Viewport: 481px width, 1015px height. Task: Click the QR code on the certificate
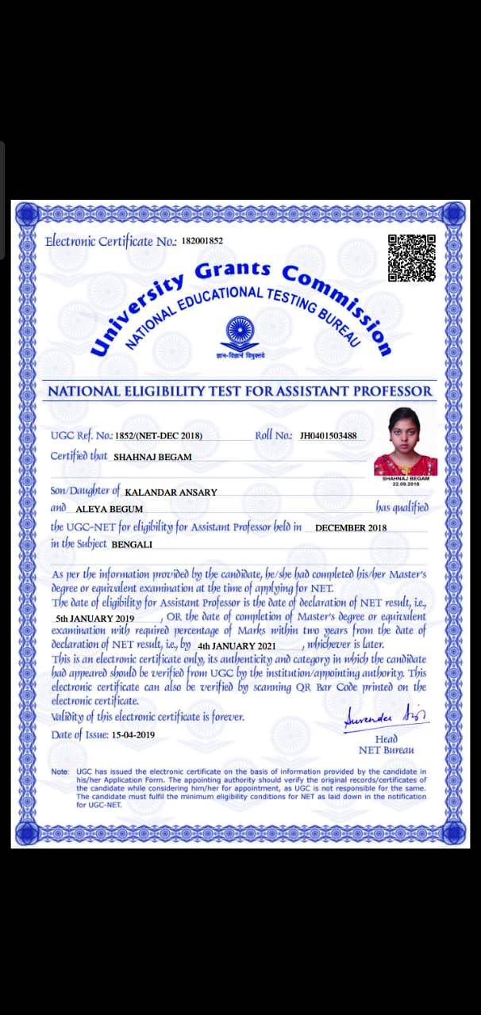tap(411, 258)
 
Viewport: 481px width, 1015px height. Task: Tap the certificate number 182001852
tap(202, 241)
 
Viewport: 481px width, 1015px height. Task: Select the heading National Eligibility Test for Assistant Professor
tap(240, 391)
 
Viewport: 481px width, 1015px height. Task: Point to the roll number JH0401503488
tap(328, 435)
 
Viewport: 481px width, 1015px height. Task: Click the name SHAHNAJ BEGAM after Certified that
tap(152, 457)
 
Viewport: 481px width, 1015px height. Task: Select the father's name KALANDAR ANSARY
tap(171, 492)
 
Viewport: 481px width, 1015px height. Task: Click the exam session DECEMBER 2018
tap(351, 527)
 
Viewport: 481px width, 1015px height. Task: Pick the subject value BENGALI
tap(132, 545)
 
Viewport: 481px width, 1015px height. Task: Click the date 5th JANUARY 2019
tap(95, 618)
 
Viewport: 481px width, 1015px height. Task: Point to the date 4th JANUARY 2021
tap(236, 646)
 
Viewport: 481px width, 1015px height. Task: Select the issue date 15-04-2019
tap(133, 735)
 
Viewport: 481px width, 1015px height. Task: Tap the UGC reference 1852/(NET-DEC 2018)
tap(159, 435)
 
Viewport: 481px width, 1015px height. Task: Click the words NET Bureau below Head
tap(386, 749)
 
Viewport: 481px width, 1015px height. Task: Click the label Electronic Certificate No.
tap(110, 241)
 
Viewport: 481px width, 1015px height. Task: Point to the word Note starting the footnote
tap(60, 772)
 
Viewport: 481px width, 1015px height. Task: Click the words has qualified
tap(402, 507)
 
